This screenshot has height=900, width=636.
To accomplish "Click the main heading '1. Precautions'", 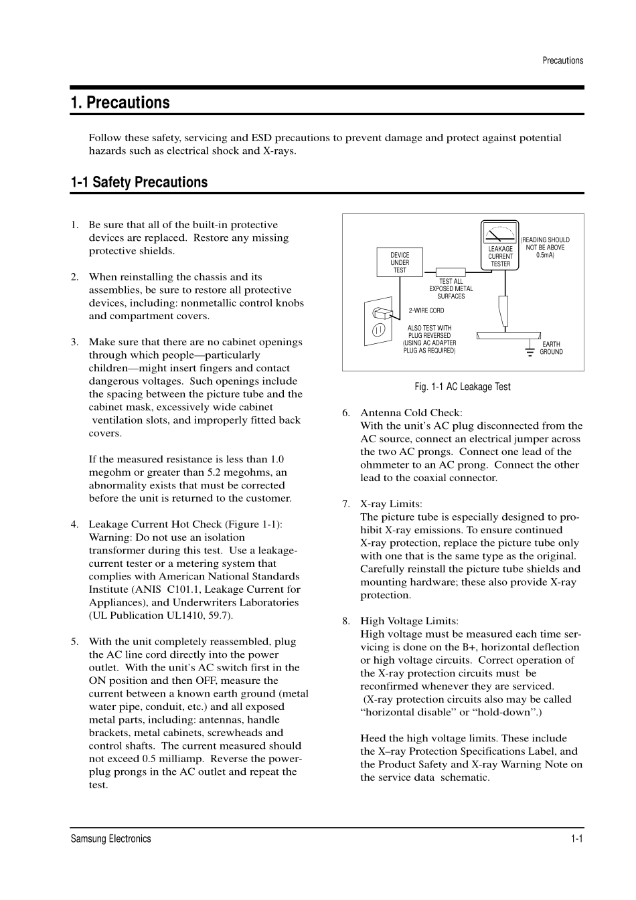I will (x=121, y=102).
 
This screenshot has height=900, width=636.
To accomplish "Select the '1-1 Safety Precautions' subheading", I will (x=139, y=182).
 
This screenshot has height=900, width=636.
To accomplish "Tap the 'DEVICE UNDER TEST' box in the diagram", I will (x=400, y=262).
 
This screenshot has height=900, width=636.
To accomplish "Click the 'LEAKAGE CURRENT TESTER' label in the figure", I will (x=500, y=256).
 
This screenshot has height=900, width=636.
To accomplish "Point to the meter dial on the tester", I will (x=500, y=234).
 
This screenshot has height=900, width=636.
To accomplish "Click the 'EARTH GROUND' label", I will (x=551, y=348).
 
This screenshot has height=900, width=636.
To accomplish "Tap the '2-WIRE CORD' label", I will (x=426, y=310).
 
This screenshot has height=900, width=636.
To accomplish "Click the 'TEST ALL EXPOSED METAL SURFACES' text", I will (x=451, y=288).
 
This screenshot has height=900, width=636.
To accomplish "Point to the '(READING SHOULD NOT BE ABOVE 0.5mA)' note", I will (x=546, y=247).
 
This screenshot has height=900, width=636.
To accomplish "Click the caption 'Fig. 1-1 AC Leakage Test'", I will (x=463, y=387).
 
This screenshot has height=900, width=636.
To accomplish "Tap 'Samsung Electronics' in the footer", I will (x=111, y=838).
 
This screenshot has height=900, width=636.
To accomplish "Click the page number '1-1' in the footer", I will (x=576, y=838).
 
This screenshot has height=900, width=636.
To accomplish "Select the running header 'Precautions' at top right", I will (x=562, y=60).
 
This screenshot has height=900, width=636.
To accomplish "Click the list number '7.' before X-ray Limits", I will (x=345, y=504).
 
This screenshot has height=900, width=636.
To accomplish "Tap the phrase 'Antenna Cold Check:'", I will (x=411, y=413).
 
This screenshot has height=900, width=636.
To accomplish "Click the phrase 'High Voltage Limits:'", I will (x=409, y=621).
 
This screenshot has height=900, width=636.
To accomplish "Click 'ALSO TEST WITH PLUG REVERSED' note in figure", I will (x=429, y=332).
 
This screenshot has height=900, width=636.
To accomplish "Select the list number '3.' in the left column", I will (x=75, y=342).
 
